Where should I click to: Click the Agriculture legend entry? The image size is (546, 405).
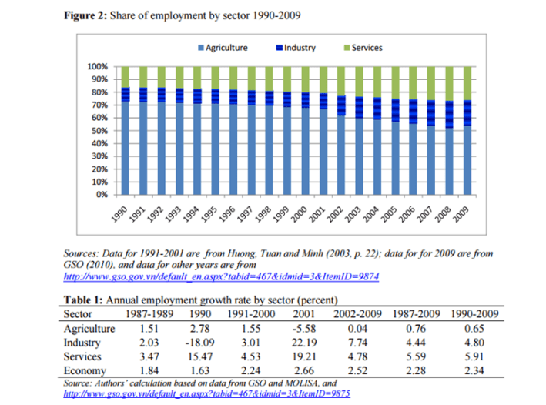click(226, 48)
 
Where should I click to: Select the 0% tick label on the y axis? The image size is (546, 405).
click(102, 195)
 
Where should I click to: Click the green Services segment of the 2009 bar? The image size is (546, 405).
click(466, 83)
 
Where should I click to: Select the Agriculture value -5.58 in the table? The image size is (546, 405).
click(301, 329)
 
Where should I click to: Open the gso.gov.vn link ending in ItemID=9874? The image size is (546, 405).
click(219, 275)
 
